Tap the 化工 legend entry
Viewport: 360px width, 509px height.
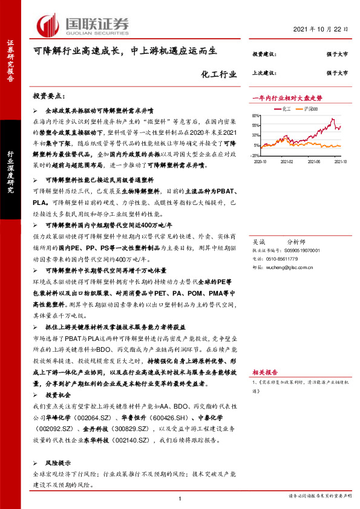coord(286,109)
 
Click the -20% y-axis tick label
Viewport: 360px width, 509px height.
coord(256,155)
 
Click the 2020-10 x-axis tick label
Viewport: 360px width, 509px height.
coord(261,162)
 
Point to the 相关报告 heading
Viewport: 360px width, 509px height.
coord(264,373)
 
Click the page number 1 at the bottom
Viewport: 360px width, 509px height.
coord(180,499)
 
